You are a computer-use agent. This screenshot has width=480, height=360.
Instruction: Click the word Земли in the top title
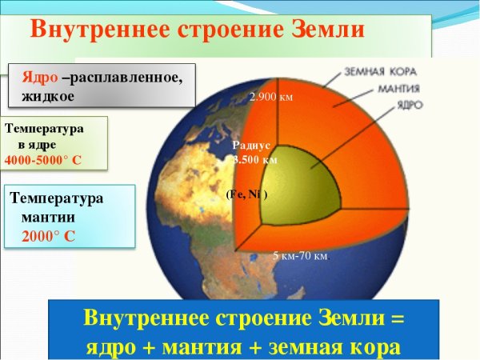coord(323,29)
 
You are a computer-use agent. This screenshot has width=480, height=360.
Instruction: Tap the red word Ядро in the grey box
coord(39,80)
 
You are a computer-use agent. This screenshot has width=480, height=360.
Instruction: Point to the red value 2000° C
coord(49,236)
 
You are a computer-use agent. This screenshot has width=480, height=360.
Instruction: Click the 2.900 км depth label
coord(271,98)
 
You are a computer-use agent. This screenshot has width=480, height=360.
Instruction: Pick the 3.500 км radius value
coord(255,160)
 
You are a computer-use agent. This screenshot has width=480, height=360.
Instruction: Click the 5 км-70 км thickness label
coord(301,257)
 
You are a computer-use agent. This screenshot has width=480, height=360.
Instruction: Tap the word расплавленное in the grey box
coord(128,80)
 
